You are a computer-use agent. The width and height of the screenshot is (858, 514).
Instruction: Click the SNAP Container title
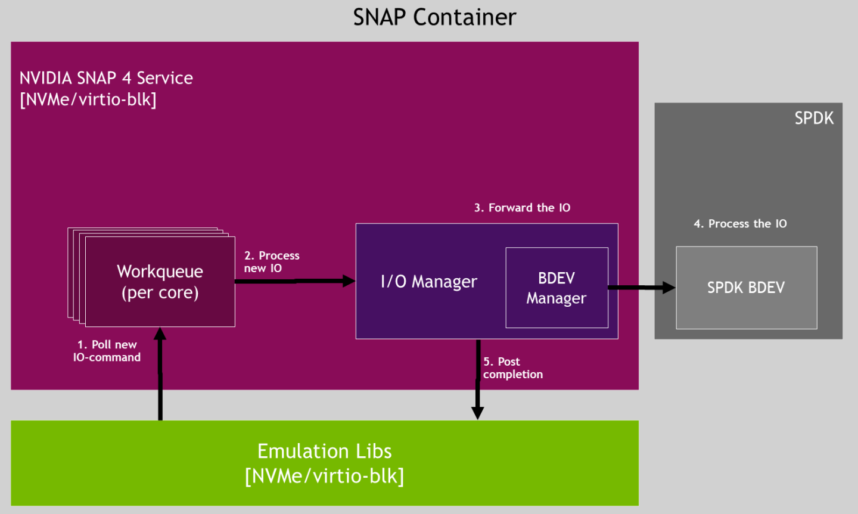coord(434,17)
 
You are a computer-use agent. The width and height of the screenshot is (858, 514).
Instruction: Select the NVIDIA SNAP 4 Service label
coord(106,78)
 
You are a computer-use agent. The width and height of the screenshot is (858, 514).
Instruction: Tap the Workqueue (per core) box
coord(160,282)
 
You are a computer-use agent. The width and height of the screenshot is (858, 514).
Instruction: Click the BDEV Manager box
coord(557,288)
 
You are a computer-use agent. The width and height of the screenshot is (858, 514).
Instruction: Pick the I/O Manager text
coord(428,282)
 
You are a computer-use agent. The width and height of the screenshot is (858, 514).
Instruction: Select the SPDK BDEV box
coord(746,288)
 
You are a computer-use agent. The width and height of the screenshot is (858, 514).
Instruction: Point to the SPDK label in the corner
coord(813,118)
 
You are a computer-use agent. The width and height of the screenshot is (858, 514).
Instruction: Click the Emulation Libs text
coord(324,451)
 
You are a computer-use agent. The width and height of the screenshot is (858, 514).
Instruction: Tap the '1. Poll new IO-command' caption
coord(107,351)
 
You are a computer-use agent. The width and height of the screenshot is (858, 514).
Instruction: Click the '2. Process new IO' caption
coord(271,261)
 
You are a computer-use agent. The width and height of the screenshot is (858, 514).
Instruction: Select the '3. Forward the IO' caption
coord(522,208)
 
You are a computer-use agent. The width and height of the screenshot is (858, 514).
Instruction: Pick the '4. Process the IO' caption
coord(740,224)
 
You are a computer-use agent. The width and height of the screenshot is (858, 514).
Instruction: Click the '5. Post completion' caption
coord(512,368)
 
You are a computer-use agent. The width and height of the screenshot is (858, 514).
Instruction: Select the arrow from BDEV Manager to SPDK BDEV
coord(641,288)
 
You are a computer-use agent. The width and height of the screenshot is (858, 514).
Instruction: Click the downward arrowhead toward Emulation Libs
coord(477,413)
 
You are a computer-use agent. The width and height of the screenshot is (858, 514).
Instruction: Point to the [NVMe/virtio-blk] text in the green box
coord(324,476)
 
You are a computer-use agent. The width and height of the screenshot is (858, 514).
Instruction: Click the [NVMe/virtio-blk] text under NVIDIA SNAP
coord(88,99)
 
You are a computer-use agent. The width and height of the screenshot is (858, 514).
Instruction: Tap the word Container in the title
coord(464,17)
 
